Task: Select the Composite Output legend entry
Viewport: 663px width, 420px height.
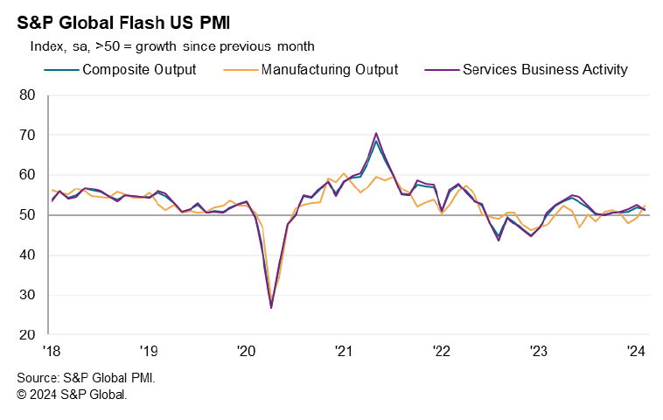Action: click(x=138, y=69)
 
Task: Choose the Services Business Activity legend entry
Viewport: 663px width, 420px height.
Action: click(x=544, y=69)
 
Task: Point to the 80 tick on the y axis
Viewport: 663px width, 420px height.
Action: click(x=27, y=94)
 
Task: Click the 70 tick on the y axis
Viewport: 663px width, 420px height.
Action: click(x=27, y=135)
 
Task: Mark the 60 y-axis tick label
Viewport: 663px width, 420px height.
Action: click(x=27, y=175)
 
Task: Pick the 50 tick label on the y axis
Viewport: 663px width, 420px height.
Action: click(x=27, y=215)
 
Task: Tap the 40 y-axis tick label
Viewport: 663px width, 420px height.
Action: click(x=27, y=255)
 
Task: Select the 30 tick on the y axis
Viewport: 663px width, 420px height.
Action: click(x=27, y=295)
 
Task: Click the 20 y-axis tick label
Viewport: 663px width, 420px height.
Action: click(x=27, y=335)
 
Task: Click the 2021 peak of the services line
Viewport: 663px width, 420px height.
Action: click(x=376, y=134)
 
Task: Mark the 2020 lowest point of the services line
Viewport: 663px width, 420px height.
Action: click(x=271, y=307)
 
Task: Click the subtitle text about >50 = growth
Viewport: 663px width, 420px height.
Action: click(x=172, y=45)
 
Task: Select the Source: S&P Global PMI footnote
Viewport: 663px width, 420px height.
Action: click(x=86, y=379)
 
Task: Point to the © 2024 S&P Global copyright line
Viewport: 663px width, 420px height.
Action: click(x=73, y=395)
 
